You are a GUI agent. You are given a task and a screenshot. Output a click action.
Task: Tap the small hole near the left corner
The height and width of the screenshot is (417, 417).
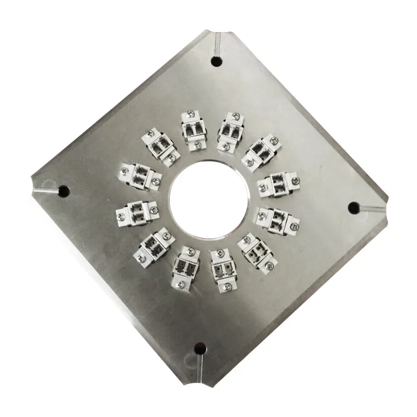coord(64,191)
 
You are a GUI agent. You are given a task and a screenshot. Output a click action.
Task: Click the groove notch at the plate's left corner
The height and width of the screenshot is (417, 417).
coord(44,189)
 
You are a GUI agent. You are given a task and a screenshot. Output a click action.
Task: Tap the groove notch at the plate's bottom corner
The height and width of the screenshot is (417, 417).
coord(199,365)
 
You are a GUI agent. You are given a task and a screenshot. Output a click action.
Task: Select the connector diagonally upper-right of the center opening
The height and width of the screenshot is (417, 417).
coord(261,152)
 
